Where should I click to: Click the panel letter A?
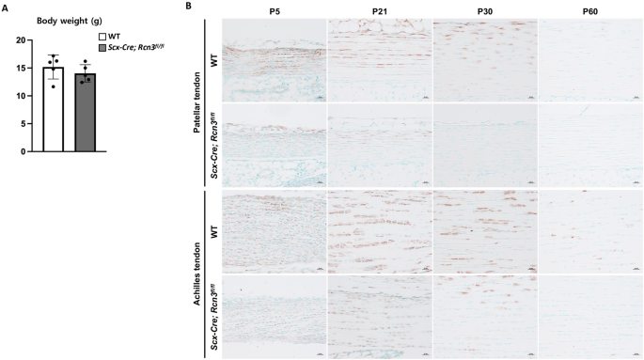(5, 7)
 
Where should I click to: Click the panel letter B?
(189, 7)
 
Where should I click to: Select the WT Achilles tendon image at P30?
(485, 230)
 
